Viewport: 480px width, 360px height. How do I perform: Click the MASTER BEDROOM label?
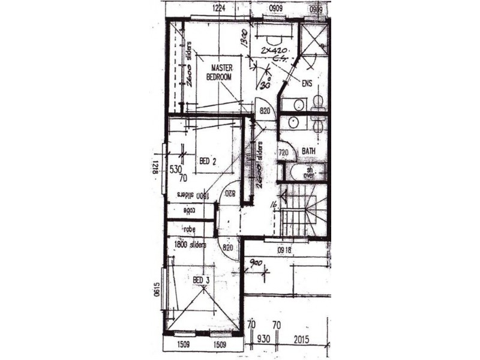[218, 74]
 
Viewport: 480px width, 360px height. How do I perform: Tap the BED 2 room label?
[208, 161]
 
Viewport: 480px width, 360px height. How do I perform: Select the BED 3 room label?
[201, 280]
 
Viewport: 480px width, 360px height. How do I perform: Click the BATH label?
[309, 151]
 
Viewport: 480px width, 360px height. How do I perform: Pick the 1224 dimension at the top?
[219, 8]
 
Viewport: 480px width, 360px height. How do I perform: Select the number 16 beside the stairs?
[273, 205]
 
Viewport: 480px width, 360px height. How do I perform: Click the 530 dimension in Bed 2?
[175, 170]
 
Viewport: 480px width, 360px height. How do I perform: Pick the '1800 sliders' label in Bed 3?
[190, 245]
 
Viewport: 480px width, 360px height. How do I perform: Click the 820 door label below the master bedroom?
[265, 111]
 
